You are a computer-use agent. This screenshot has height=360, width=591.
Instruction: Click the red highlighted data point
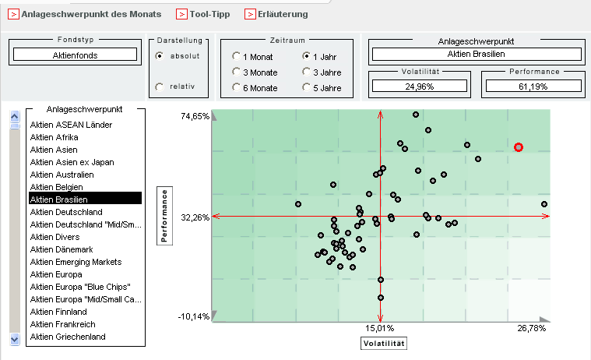(x=519, y=147)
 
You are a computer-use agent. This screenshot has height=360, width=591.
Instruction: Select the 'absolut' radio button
(x=160, y=56)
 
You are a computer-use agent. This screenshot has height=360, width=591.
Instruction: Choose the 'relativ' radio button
(x=160, y=86)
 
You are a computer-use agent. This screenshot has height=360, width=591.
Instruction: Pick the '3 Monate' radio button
(x=236, y=72)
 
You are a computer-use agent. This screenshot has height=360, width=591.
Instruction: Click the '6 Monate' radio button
(x=236, y=88)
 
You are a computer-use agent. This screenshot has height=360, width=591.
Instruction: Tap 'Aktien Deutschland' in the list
(x=66, y=212)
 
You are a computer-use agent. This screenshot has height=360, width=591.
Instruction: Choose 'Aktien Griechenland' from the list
(x=68, y=337)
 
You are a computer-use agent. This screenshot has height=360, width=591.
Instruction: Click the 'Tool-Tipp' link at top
(x=203, y=14)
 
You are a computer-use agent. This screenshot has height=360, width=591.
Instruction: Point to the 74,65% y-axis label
(x=195, y=116)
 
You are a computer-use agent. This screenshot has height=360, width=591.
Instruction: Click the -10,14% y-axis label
(x=195, y=316)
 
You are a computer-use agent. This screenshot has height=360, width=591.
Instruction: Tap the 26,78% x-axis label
(x=532, y=329)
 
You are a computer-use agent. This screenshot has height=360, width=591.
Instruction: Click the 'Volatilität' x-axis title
(x=385, y=343)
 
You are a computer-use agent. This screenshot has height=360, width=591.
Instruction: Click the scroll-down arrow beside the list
(x=14, y=339)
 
